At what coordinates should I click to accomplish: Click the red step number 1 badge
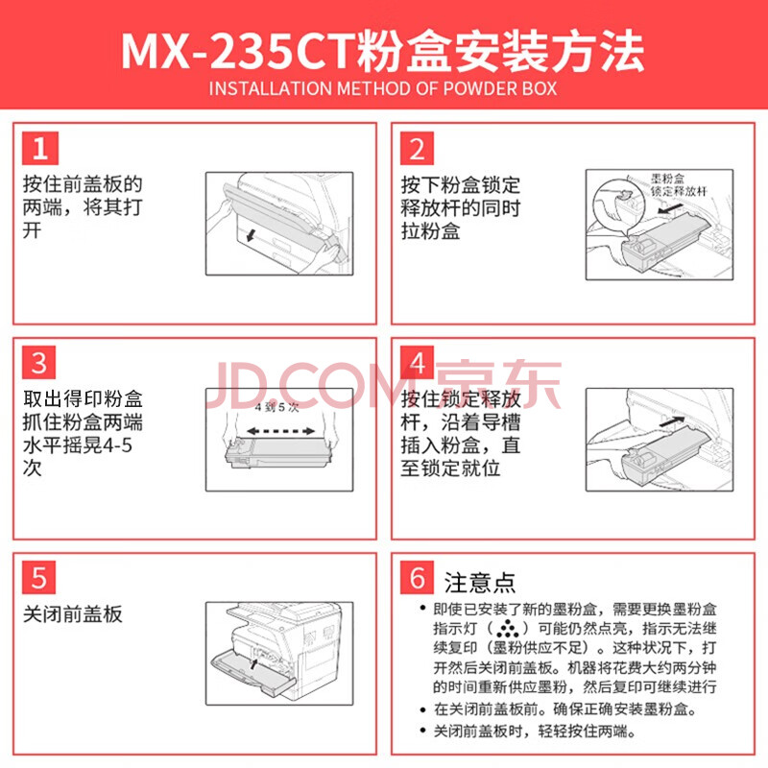pos(40,149)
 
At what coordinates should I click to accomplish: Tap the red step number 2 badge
pos(417,149)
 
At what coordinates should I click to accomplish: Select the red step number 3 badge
pos(39,363)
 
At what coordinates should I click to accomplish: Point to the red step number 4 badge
pos(417,363)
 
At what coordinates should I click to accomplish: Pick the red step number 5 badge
pos(39,577)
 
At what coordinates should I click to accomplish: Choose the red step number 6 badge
pos(417,577)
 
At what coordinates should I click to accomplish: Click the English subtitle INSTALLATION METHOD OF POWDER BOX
pos(383,88)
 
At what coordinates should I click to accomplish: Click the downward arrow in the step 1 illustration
pos(252,234)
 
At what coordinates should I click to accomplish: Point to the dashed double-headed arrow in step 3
pos(280,431)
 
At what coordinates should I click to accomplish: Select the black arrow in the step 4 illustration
pos(672,421)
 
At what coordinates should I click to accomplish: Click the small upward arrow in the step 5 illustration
pos(253,663)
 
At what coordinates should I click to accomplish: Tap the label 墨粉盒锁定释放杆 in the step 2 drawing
pos(678,184)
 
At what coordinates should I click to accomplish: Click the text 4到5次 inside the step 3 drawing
pos(276,407)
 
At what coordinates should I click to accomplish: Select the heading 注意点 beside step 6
pos(479,582)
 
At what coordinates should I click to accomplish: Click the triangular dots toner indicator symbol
pos(508,629)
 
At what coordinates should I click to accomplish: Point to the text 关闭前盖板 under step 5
pos(73,613)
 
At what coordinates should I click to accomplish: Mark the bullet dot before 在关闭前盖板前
pos(422,709)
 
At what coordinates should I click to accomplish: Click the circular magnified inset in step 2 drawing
pos(617,204)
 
